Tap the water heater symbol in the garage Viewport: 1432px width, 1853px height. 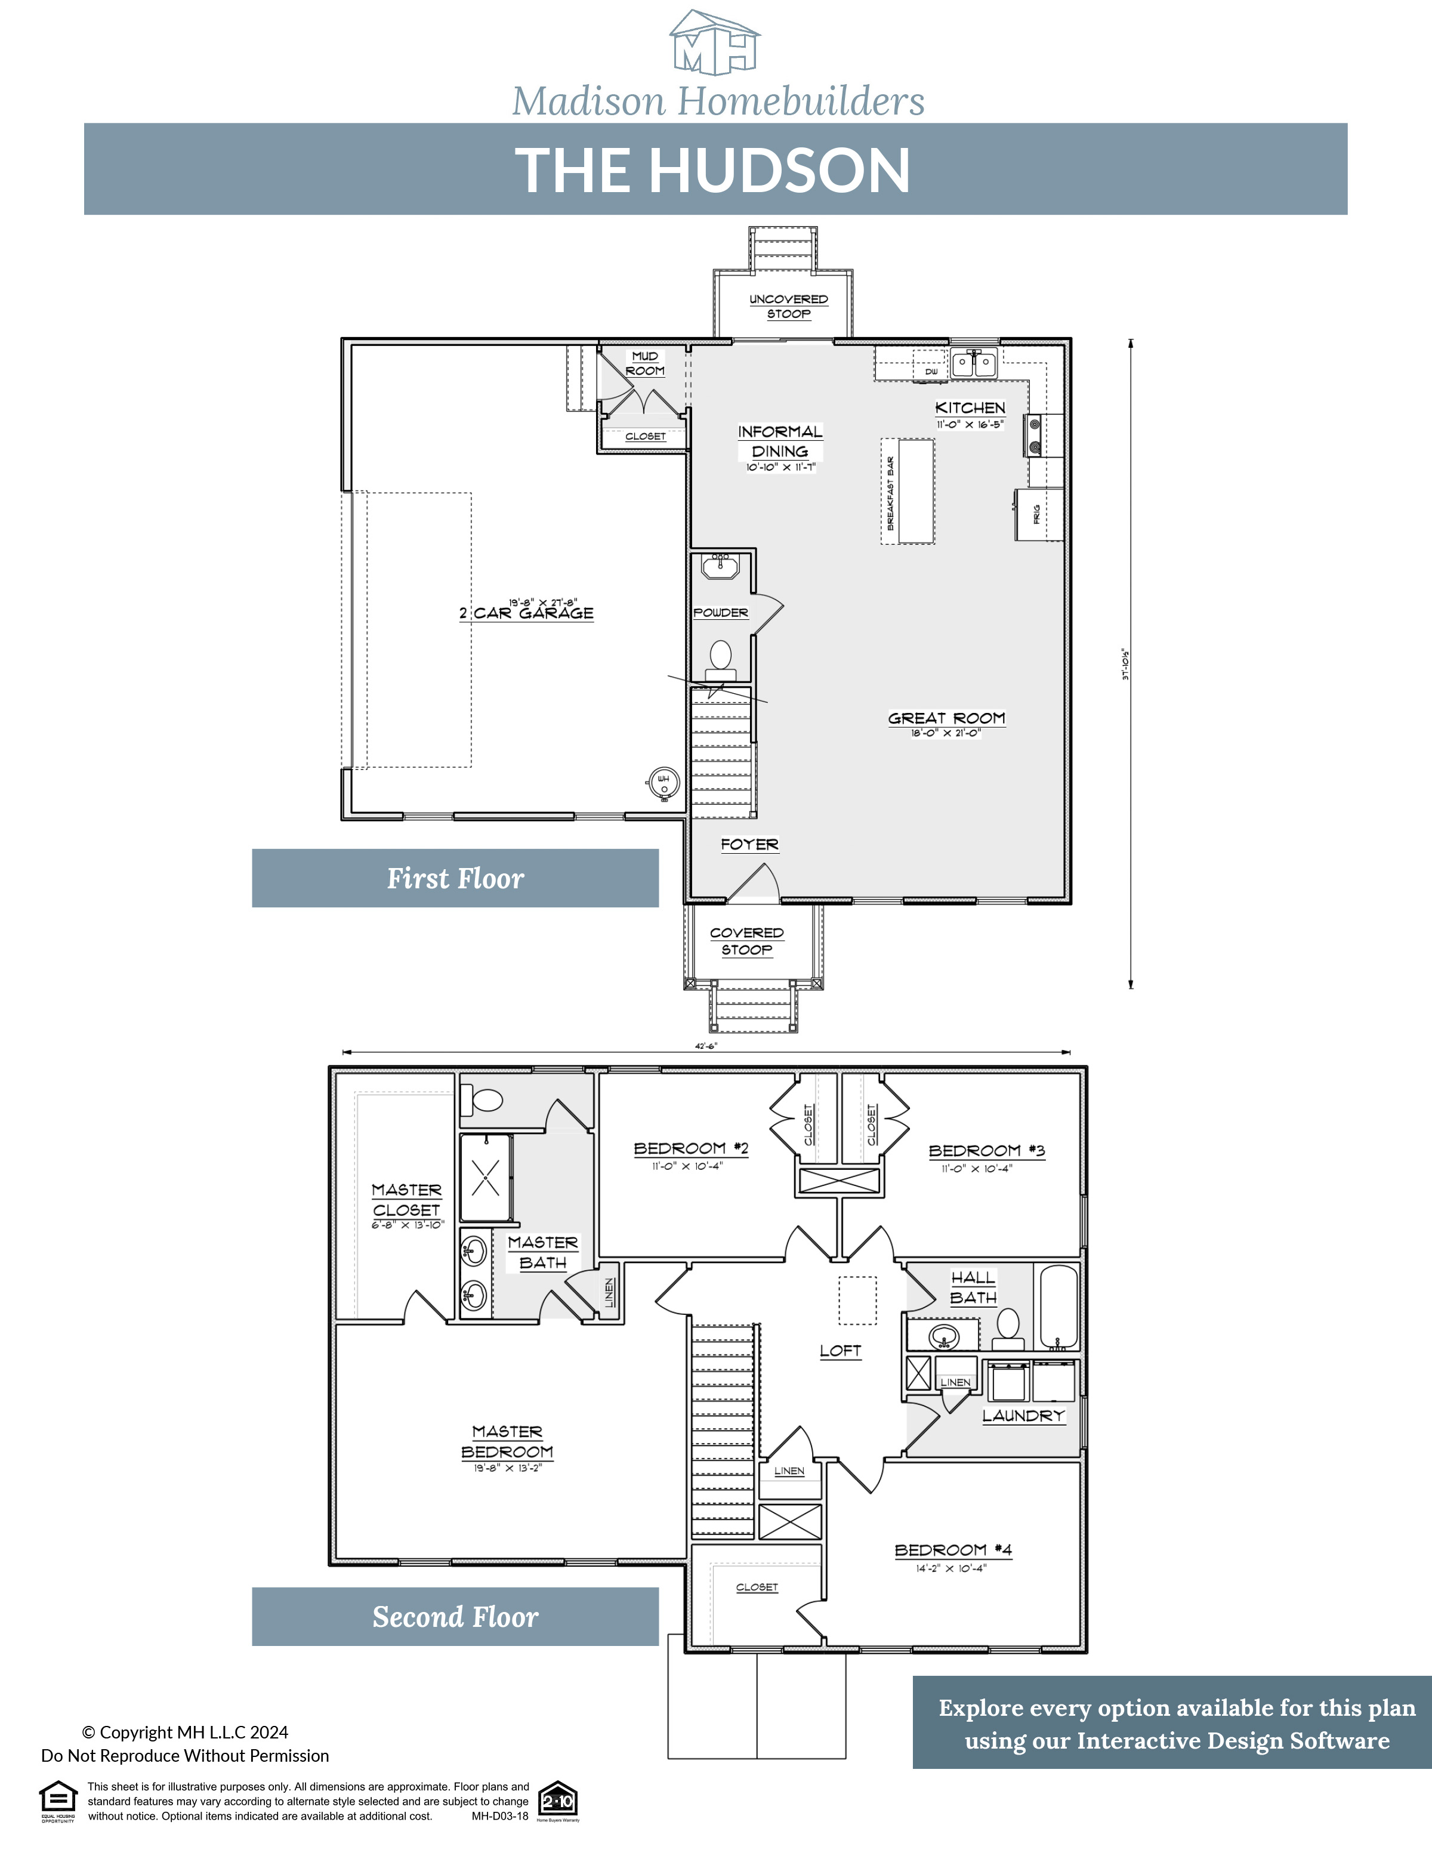663,784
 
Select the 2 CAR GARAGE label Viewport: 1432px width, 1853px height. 527,613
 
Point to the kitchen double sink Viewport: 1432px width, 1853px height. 973,363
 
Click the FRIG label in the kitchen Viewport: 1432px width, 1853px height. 1036,514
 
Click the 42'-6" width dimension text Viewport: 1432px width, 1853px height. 706,1046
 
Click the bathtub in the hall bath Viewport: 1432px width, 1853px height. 1058,1307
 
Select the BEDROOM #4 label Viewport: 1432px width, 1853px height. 953,1550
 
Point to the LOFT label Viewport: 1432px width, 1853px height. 840,1351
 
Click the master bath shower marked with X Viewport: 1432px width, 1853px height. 485,1177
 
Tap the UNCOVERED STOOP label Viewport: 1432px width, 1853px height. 788,306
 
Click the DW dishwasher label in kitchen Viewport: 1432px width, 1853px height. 931,372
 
